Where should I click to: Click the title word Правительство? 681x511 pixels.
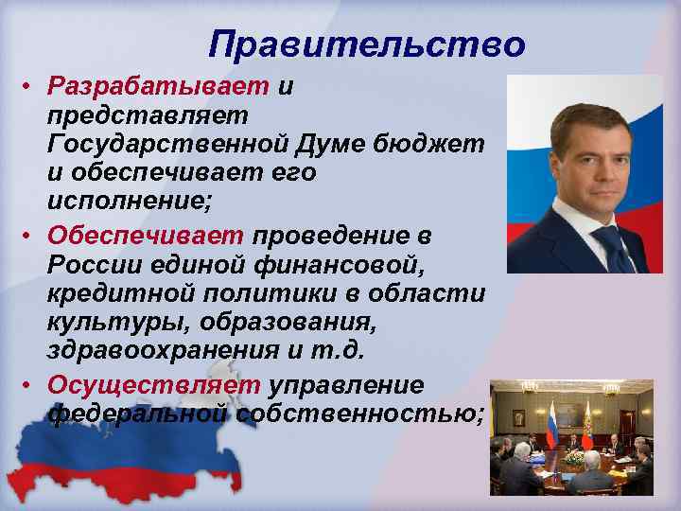[366, 44]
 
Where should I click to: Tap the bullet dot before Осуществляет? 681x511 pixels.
[29, 385]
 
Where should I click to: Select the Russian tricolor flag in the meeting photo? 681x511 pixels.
[550, 425]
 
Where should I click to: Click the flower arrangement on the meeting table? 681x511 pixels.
[572, 458]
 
